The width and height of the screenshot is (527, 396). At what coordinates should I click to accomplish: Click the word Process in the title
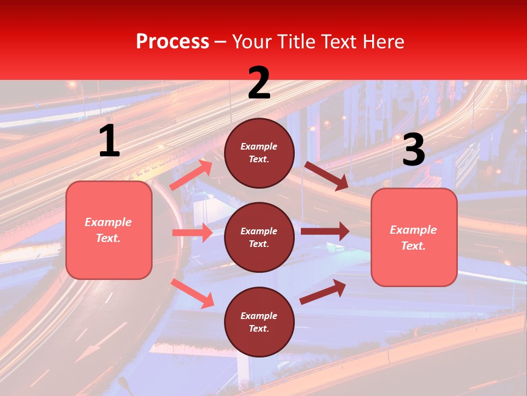click(172, 42)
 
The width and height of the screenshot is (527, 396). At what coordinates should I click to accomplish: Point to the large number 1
click(109, 142)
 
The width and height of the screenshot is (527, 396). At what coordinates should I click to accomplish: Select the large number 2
click(259, 83)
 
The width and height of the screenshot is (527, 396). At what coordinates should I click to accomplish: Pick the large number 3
click(413, 150)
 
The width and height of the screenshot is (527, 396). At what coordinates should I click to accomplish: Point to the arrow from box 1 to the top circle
click(191, 175)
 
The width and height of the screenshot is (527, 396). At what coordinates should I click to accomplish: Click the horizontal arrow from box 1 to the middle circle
click(192, 233)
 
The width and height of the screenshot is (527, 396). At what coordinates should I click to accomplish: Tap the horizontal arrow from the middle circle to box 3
click(325, 232)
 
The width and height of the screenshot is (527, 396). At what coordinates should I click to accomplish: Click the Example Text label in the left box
click(108, 230)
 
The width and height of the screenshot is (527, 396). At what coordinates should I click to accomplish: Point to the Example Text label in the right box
click(413, 238)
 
